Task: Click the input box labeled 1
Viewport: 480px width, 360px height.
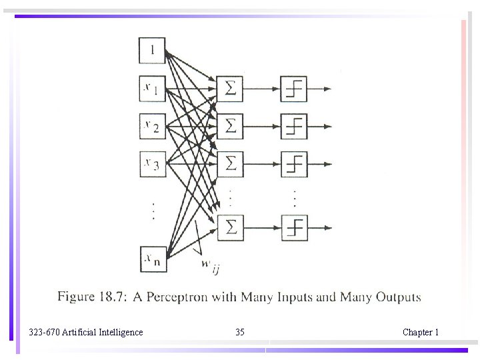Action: (151, 51)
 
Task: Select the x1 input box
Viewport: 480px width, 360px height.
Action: (151, 88)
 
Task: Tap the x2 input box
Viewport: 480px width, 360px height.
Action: (151, 125)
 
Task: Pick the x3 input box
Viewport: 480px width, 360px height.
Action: (151, 163)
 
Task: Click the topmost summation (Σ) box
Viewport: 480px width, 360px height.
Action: (230, 88)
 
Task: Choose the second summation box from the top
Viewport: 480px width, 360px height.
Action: (230, 125)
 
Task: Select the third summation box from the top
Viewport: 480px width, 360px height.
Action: (230, 162)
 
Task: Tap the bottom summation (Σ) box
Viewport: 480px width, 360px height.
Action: (230, 227)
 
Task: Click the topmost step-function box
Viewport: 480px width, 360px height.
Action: (294, 88)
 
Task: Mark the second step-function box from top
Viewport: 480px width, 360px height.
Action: (294, 125)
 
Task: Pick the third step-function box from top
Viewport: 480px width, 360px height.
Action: (294, 162)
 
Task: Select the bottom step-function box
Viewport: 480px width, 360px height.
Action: (294, 227)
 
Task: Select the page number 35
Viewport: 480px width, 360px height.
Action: (240, 332)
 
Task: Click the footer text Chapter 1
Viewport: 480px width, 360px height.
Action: (420, 332)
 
